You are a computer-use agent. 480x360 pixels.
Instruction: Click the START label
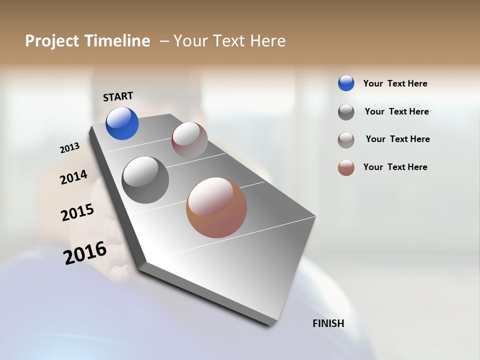point(118,96)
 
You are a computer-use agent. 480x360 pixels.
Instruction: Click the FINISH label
point(328,323)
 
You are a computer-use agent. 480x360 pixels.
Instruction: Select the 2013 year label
point(70,148)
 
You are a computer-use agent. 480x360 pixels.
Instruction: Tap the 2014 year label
point(74,177)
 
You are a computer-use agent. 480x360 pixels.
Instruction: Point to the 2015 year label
point(77,212)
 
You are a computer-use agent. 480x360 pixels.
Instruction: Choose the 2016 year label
point(85,252)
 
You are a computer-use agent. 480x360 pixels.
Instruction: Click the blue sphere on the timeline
point(122,123)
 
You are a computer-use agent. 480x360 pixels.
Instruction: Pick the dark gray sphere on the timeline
point(145,180)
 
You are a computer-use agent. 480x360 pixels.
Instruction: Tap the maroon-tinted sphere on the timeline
point(189,140)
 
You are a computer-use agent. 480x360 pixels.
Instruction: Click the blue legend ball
point(346,83)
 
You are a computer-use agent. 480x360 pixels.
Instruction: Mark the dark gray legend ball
point(346,112)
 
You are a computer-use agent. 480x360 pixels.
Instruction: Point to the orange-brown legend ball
point(346,167)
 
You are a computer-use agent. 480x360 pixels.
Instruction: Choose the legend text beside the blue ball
point(395,84)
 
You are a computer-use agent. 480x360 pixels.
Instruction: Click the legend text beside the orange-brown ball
point(395,167)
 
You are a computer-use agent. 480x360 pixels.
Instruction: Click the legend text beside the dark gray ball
point(396,111)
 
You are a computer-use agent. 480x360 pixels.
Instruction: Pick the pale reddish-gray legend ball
point(346,140)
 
